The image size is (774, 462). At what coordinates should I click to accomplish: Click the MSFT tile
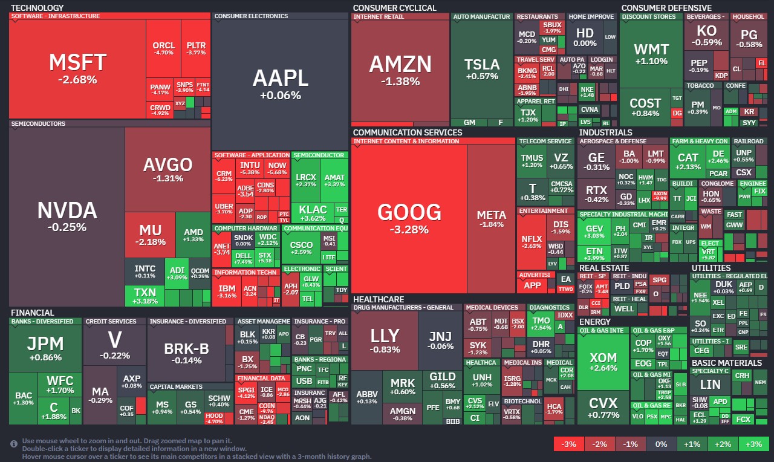click(77, 68)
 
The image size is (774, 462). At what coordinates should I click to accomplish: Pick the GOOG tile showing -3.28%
click(409, 218)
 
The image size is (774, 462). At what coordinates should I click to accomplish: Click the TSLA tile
click(481, 69)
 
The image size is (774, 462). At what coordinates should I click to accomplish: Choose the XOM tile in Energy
click(603, 363)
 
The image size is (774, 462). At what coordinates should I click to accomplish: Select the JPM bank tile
click(45, 349)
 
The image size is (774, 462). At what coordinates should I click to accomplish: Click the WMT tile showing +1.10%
click(651, 54)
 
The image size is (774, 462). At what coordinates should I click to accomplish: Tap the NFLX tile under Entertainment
click(532, 242)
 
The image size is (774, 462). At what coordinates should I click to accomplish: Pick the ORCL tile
click(163, 48)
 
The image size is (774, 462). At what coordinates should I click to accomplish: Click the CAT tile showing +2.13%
click(688, 161)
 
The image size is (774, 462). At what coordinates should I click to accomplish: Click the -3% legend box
click(569, 444)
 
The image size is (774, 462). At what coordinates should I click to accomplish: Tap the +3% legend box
click(753, 444)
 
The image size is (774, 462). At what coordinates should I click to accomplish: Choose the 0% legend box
click(661, 444)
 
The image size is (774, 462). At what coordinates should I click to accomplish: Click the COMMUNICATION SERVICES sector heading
click(407, 132)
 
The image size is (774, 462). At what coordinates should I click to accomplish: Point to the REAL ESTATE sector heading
click(603, 268)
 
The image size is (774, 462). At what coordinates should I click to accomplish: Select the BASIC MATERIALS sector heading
click(726, 363)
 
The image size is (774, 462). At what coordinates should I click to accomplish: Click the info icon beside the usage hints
click(14, 444)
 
